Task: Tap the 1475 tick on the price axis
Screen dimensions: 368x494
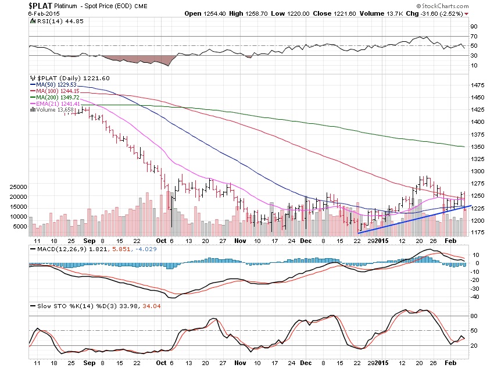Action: click(477, 85)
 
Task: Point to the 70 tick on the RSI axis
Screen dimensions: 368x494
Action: click(474, 36)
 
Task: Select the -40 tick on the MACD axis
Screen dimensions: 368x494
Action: click(474, 296)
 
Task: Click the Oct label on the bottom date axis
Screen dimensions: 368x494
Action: click(161, 240)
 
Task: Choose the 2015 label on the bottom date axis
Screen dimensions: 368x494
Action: click(381, 240)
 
